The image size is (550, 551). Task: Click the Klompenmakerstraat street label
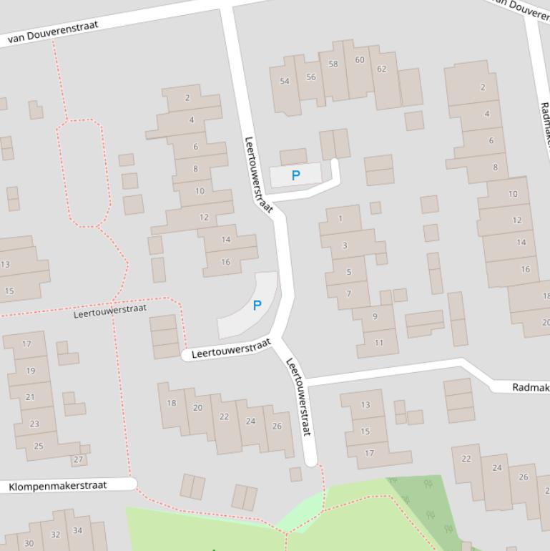[x=58, y=486]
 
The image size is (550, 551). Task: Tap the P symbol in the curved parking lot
[x=257, y=306]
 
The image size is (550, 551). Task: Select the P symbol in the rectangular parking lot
[x=295, y=175]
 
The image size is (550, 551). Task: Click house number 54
[x=285, y=81]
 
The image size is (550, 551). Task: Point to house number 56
[x=310, y=77]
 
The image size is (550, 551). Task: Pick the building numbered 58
[x=333, y=64]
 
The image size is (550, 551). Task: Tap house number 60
[x=360, y=60]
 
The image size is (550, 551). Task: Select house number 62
[x=381, y=69]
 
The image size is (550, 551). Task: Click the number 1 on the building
[x=340, y=218]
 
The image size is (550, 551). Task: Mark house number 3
[x=345, y=245]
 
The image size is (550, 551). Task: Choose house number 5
[x=349, y=272]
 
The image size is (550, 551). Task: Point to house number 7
[x=349, y=293]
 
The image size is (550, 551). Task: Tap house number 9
[x=375, y=316]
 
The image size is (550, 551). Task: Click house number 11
[x=378, y=343]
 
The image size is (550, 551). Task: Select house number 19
[x=31, y=371]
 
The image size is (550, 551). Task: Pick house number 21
[x=30, y=397]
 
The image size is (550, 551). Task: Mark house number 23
[x=34, y=424]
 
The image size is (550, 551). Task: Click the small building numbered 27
[x=78, y=459]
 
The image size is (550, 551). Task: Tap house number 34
[x=77, y=530]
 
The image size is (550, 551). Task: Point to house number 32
[x=56, y=535]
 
